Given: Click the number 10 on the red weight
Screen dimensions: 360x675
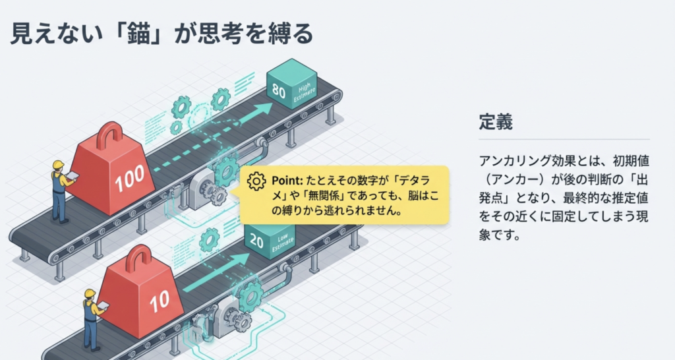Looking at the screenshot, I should point(160,303).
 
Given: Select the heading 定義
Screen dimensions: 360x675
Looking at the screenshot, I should point(496,122).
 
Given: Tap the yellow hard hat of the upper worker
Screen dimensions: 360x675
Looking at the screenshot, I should point(58,164).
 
